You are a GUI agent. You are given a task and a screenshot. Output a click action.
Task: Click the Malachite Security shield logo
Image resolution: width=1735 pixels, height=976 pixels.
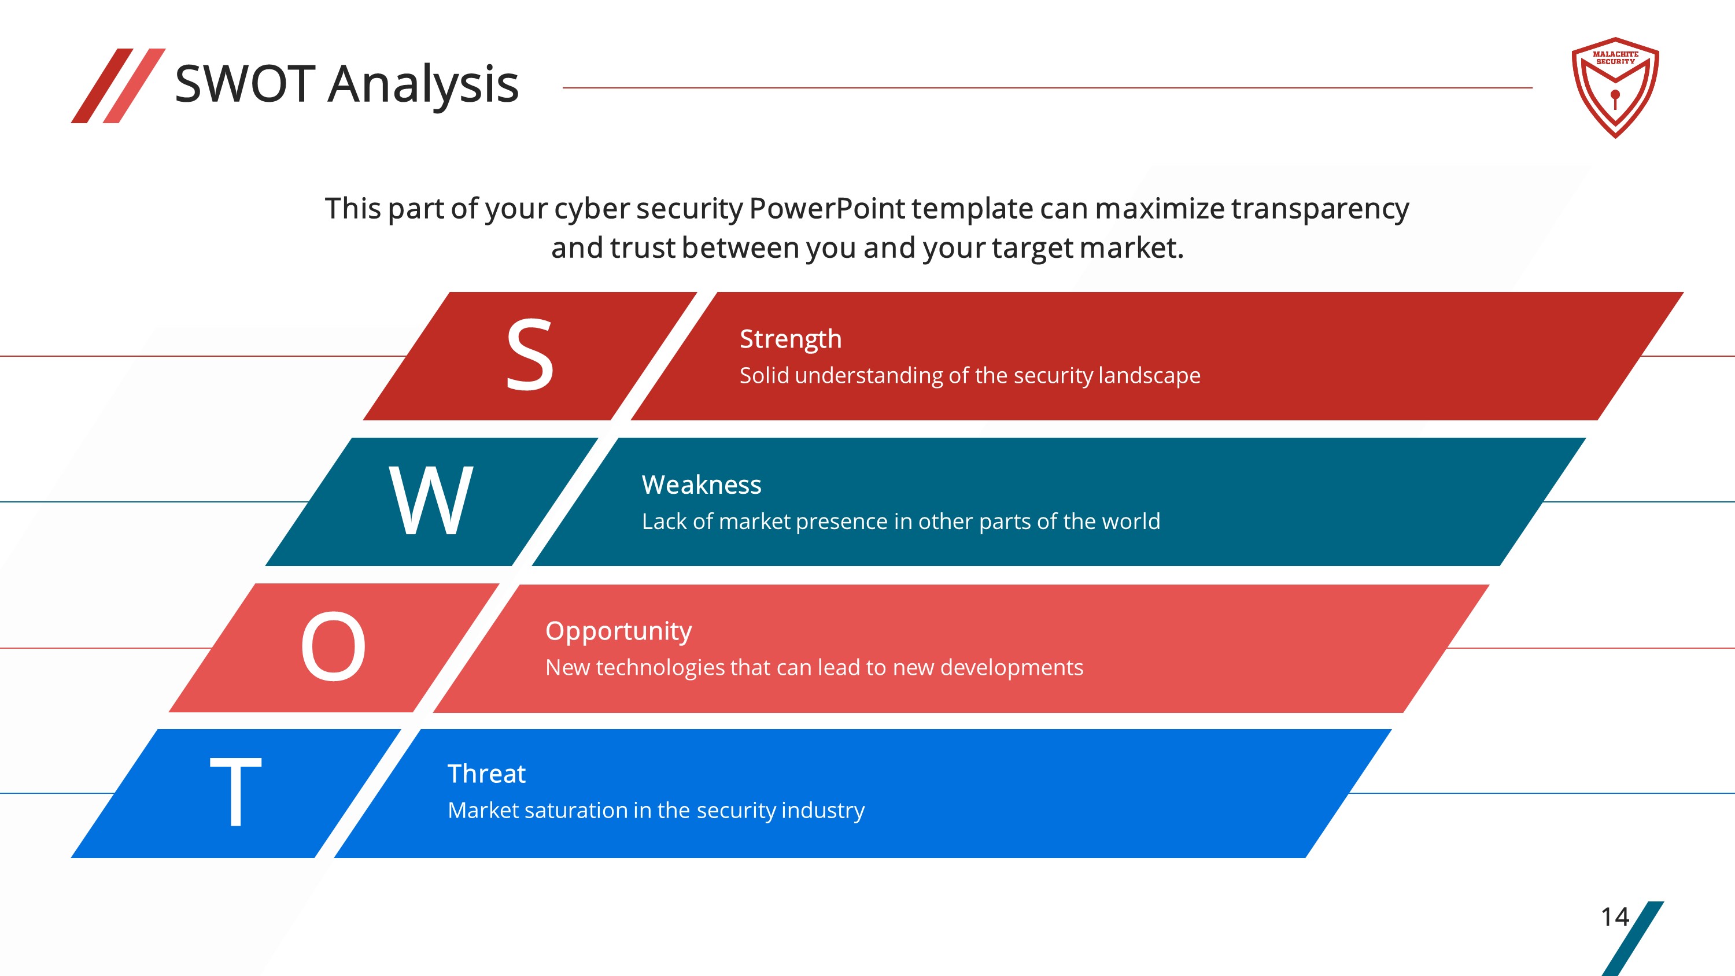tap(1615, 87)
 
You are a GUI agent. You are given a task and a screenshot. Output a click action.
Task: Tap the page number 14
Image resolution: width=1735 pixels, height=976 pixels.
tap(1615, 916)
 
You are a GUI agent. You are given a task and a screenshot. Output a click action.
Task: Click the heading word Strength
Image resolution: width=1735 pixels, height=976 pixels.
tap(791, 339)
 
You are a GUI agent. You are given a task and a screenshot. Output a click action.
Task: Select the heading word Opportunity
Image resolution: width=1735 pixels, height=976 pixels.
tap(618, 631)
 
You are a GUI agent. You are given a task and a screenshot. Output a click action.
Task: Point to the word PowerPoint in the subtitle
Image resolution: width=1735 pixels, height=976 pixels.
tap(826, 208)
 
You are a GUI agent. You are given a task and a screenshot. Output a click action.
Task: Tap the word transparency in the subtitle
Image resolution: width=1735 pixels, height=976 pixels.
tap(1320, 209)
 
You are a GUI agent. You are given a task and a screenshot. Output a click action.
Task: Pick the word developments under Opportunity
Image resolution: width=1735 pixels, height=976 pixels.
tap(1012, 667)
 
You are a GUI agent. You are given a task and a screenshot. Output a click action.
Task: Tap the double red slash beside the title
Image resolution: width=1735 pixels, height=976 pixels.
tap(118, 86)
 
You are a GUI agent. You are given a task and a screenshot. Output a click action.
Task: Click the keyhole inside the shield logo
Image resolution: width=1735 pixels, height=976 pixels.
tap(1615, 99)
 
